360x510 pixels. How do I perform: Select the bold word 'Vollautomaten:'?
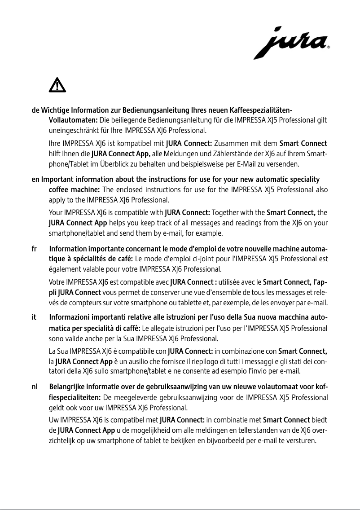tap(73, 121)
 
